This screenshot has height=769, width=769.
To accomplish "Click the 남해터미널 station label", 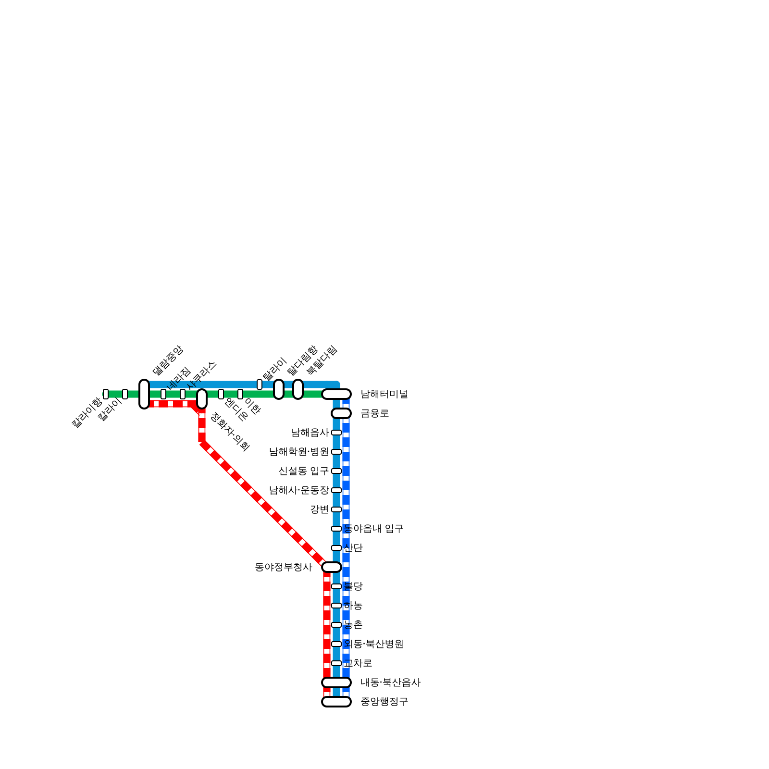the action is point(384,394).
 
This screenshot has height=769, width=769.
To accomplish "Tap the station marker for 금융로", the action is point(341,413).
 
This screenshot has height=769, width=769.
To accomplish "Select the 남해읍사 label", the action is point(310,433).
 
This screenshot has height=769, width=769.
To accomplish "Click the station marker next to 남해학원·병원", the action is point(336,452).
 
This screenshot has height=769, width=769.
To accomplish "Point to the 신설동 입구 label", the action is point(303,471).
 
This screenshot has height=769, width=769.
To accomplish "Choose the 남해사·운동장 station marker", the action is point(336,490).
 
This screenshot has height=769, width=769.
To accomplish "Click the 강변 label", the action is point(319,509).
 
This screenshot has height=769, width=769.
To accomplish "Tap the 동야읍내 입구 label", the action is point(373,529).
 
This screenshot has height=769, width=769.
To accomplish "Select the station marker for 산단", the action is point(336,548).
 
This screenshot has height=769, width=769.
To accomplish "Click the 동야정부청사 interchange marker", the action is point(332,567).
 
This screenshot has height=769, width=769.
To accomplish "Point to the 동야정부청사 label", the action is point(284,567).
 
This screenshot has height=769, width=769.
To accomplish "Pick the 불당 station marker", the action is point(336,586).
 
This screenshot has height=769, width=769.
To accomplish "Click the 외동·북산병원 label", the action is point(373,644).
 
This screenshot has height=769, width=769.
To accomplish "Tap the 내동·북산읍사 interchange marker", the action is point(336,682).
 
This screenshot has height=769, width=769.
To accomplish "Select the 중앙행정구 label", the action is point(384,702).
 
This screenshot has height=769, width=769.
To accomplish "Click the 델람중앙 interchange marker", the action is point(144,394).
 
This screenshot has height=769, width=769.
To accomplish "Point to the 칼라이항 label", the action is point(87,412).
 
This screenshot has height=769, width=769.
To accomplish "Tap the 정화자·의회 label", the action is point(231,432).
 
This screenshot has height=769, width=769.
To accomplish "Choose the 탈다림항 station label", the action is point(302,360).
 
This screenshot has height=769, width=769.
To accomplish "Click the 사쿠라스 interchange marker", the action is point(202,399).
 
